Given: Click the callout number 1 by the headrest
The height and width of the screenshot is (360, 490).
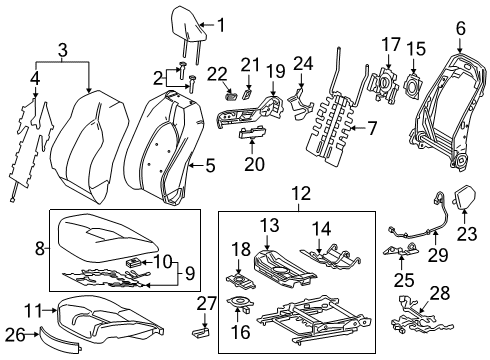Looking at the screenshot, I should pyautogui.click(x=222, y=27).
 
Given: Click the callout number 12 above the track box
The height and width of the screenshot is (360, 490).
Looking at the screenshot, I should pyautogui.click(x=294, y=193).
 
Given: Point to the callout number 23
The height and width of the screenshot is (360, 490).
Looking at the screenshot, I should pyautogui.click(x=466, y=234).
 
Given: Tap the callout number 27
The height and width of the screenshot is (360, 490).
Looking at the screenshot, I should pyautogui.click(x=206, y=300).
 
